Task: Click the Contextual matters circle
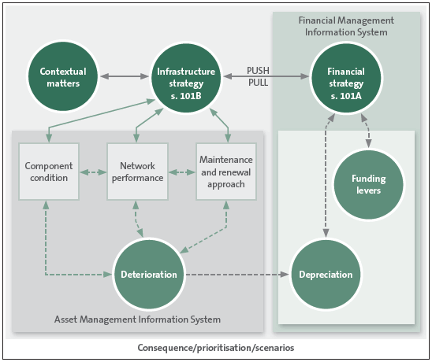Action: tap(63, 76)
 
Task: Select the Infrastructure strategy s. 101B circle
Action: tap(186, 78)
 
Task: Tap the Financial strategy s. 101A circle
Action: tap(346, 78)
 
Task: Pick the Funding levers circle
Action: tap(369, 185)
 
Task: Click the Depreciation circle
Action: tap(326, 274)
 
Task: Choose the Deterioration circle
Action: tap(149, 274)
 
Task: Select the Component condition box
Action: tap(49, 172)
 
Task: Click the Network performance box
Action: tap(137, 172)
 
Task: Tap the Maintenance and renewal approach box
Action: tap(226, 172)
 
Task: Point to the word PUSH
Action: tap(258, 70)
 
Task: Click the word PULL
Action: tap(258, 83)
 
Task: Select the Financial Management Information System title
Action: tap(346, 26)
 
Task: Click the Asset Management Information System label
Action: tap(137, 319)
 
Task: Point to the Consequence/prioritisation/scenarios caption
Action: tap(216, 348)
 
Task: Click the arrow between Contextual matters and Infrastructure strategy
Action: tap(125, 76)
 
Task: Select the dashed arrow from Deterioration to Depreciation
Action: tap(237, 274)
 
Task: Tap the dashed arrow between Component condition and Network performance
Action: tap(93, 172)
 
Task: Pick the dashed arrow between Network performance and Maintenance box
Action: tap(182, 172)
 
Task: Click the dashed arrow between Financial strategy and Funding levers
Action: tap(367, 131)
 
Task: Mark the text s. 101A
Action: tap(346, 96)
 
